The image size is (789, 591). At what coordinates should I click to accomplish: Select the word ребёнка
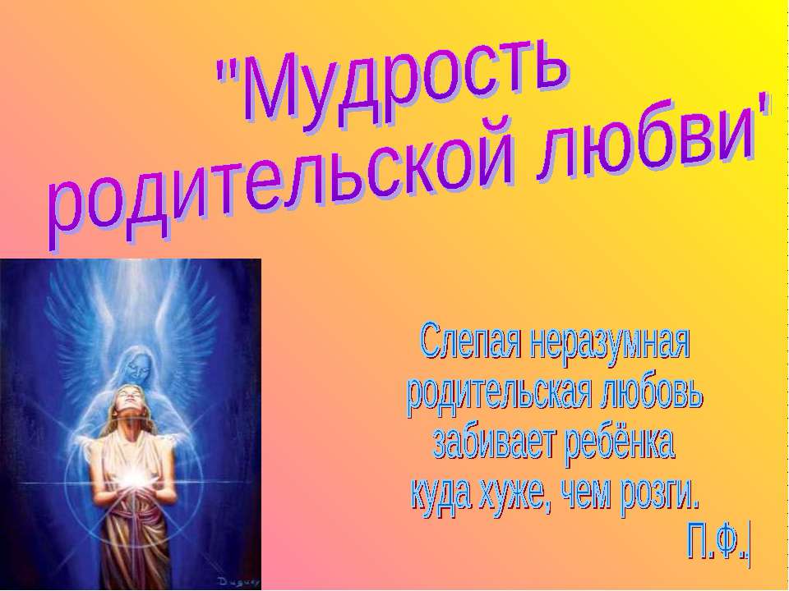click(x=621, y=443)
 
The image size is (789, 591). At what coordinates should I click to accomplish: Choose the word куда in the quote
click(x=444, y=493)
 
